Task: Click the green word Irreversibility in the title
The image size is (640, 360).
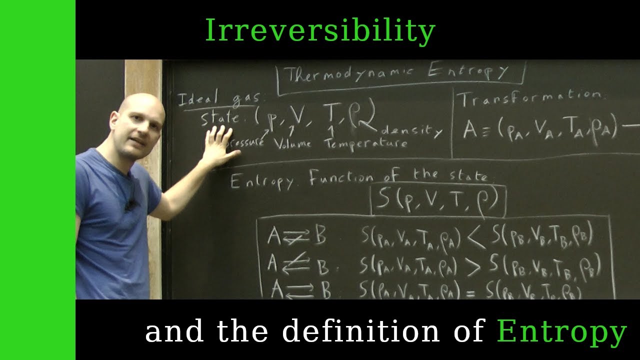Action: coord(320,31)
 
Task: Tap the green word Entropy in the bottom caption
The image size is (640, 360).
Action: coord(561,332)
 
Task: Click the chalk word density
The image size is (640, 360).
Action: coord(411,131)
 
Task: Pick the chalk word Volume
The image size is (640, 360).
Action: coord(292,144)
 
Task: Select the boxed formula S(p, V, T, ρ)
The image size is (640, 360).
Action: coord(437,199)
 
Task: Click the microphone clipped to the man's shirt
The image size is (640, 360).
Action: coord(131,204)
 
